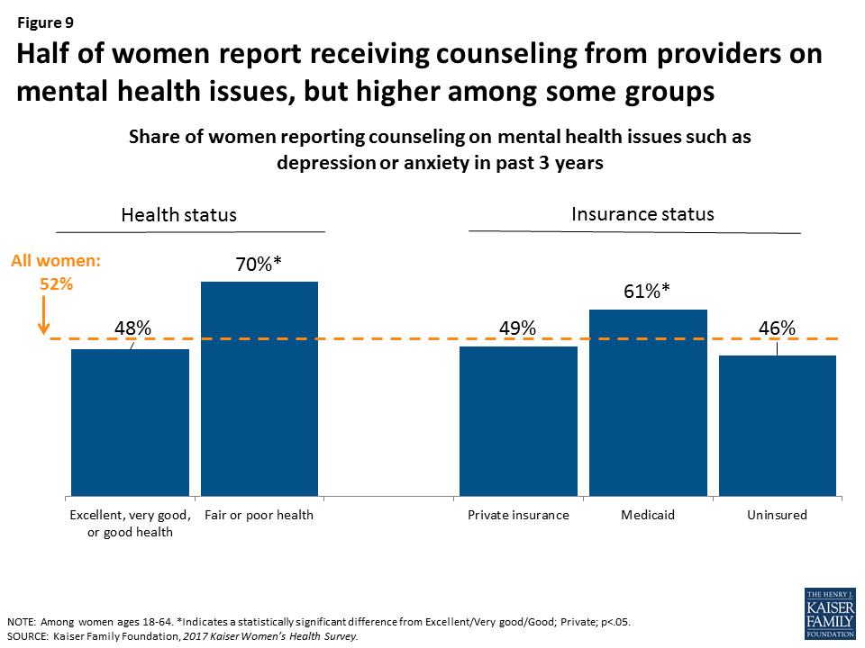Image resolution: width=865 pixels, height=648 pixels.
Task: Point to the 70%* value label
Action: coord(259,266)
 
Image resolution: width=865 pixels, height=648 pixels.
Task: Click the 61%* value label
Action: coord(648,292)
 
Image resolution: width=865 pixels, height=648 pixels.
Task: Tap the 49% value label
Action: coord(518,328)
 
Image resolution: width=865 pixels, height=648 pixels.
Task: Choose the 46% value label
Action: coord(777,328)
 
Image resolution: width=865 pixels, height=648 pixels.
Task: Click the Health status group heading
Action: coord(178,215)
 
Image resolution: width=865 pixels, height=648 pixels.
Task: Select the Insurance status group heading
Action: coord(642,214)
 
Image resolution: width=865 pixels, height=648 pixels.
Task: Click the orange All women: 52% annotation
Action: coord(54,272)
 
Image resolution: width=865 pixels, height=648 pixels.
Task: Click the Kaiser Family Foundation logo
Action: coord(829,614)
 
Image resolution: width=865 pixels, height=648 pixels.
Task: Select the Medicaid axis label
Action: coord(648,516)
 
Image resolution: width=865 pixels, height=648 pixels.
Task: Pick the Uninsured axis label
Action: coord(777,516)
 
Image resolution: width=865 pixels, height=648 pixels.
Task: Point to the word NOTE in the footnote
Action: coord(22,622)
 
